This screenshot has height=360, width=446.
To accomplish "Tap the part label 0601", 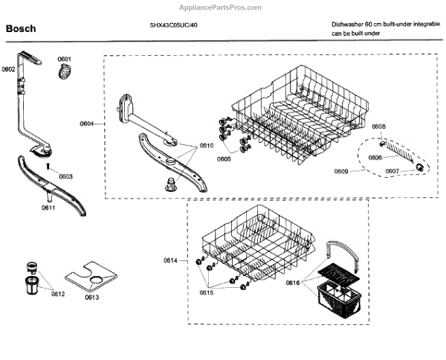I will coord(65,59).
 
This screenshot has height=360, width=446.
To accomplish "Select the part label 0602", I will coord(9,69).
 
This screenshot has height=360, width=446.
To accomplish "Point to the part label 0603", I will coord(65,176).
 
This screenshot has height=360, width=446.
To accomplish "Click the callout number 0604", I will coord(87,122).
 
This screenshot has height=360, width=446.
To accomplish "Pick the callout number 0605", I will coord(224,158).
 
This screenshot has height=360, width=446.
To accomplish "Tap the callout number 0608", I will coord(378,126).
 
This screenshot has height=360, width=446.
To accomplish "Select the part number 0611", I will coord(48,208).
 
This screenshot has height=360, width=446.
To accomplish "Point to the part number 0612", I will coord(58,294).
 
